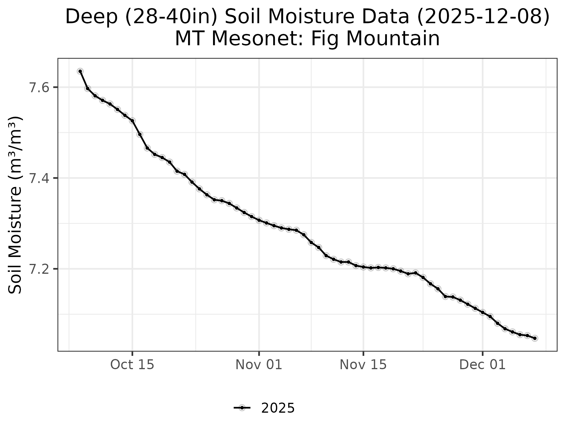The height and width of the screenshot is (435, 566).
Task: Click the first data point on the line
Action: pyautogui.click(x=80, y=71)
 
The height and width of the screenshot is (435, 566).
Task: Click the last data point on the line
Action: pyautogui.click(x=535, y=338)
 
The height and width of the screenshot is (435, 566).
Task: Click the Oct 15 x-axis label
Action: pyautogui.click(x=132, y=365)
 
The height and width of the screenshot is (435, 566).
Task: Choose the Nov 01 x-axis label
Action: pyautogui.click(x=259, y=365)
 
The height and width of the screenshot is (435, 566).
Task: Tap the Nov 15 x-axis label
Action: pyautogui.click(x=363, y=365)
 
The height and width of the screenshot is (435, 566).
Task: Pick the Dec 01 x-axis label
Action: pyautogui.click(x=482, y=365)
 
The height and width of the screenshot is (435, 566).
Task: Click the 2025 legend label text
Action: pyautogui.click(x=278, y=408)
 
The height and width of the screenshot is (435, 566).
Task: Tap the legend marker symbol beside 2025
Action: pyautogui.click(x=242, y=408)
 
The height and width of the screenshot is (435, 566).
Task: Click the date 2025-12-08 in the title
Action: pyautogui.click(x=483, y=17)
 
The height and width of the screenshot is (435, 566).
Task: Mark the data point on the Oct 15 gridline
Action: pyautogui.click(x=132, y=121)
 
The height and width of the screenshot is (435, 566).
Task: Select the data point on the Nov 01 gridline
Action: pyautogui.click(x=259, y=220)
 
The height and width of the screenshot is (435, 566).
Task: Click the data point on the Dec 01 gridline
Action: pyautogui.click(x=482, y=312)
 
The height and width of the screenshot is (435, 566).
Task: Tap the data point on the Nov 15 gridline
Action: pyautogui.click(x=363, y=267)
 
